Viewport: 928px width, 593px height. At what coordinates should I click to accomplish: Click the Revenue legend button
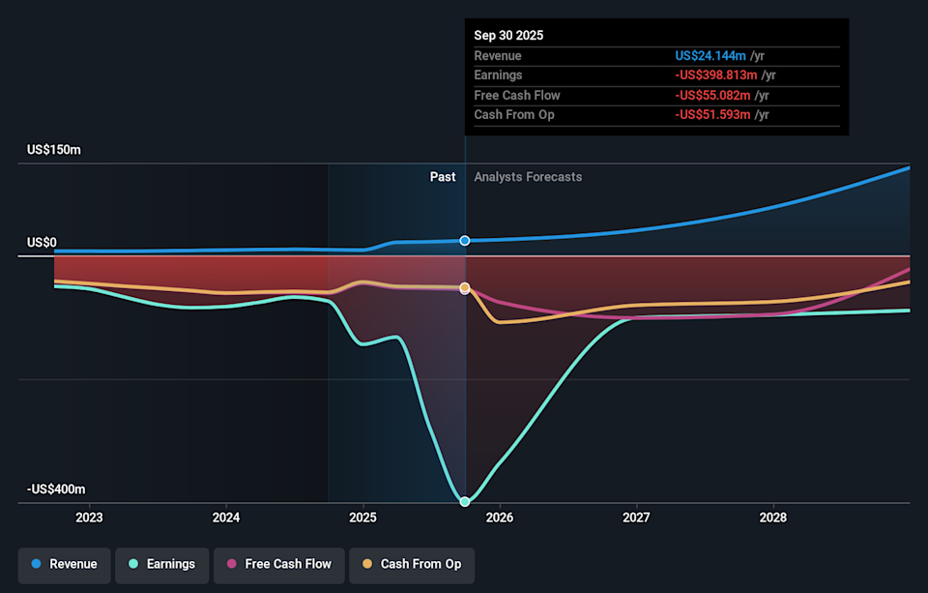tap(64, 564)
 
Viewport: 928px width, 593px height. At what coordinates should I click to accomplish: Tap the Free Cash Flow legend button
tap(278, 564)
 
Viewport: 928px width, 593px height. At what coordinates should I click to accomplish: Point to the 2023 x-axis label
tap(89, 518)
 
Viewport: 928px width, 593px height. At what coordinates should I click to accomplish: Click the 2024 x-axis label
tap(226, 518)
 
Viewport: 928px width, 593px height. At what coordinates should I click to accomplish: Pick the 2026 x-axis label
tap(500, 518)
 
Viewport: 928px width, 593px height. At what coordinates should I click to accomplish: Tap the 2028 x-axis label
tap(773, 518)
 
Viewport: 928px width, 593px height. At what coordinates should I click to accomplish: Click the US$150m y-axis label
tap(54, 150)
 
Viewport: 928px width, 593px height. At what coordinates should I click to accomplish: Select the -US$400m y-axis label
tap(56, 489)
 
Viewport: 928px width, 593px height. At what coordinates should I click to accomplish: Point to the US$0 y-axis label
tap(42, 243)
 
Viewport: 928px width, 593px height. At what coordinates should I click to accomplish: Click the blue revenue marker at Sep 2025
tap(465, 240)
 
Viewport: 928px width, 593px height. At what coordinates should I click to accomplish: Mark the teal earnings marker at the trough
tap(465, 501)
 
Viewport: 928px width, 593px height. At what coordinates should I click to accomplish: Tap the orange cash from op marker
tap(465, 288)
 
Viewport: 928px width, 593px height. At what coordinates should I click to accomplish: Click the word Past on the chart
tap(443, 177)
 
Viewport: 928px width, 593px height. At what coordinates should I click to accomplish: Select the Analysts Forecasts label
tap(528, 177)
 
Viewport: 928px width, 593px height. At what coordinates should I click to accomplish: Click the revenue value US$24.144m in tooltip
tap(710, 55)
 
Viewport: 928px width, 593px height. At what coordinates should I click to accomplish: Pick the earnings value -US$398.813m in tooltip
tap(716, 75)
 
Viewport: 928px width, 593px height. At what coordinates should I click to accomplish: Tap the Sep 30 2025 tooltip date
tap(508, 35)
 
